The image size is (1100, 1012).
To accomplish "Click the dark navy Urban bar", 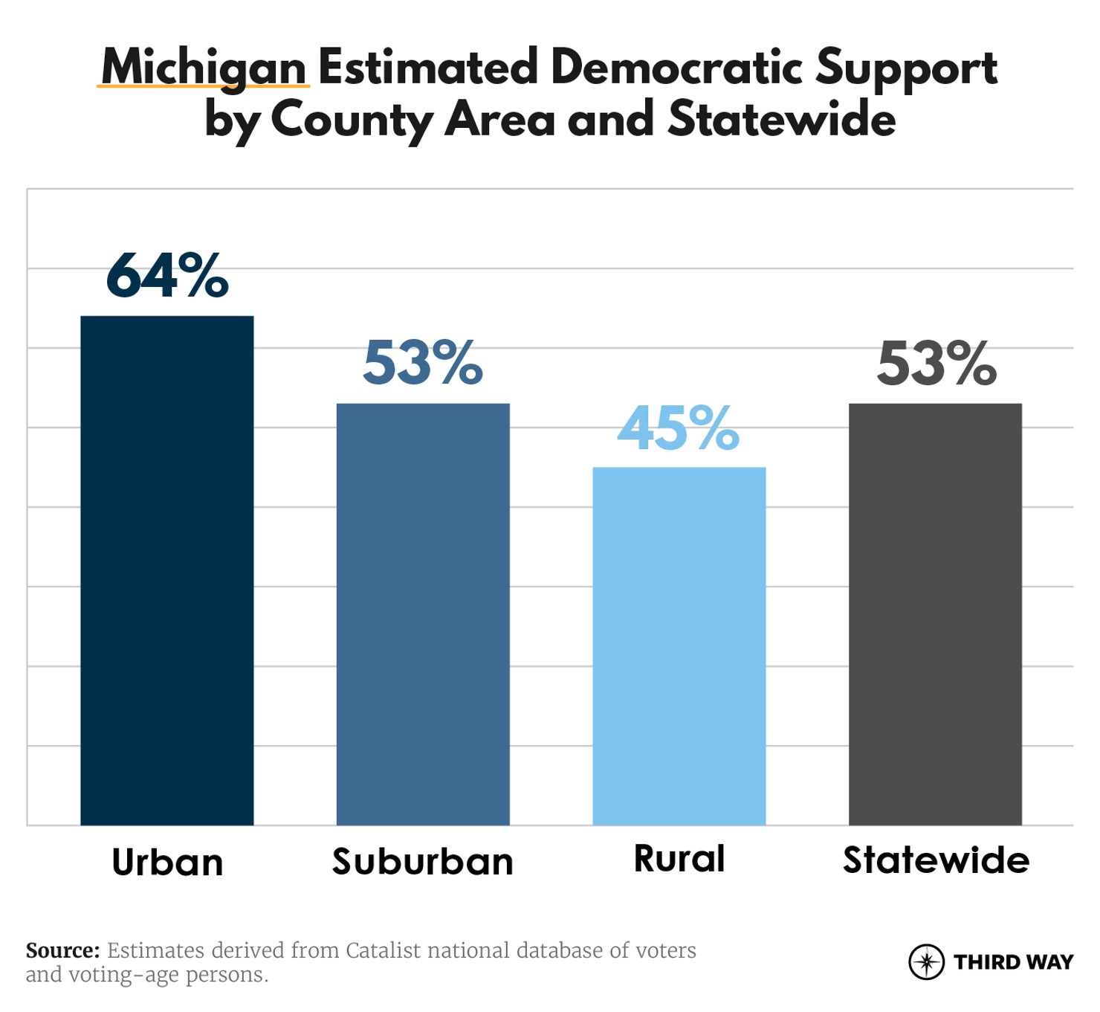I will click(167, 570).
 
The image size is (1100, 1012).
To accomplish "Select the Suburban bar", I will click(423, 614).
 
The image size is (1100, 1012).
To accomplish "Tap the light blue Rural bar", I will click(679, 646).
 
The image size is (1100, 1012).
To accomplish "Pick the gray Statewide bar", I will click(935, 614).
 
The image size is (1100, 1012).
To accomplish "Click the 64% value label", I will click(167, 276).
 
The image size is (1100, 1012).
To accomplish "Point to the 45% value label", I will click(679, 429).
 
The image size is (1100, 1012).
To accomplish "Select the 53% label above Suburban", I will click(423, 364).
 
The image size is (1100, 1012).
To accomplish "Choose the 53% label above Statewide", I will click(936, 364).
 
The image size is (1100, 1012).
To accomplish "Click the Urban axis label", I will click(167, 863).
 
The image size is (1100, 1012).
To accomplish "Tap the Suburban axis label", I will click(423, 862).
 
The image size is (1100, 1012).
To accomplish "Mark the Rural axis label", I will click(679, 859).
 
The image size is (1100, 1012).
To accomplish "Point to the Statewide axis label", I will click(936, 860).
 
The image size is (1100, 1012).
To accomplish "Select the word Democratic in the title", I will click(676, 67).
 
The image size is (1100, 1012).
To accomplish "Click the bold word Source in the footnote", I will click(62, 950).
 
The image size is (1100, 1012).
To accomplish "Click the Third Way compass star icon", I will click(926, 962).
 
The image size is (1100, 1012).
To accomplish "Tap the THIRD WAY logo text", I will click(1014, 962).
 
